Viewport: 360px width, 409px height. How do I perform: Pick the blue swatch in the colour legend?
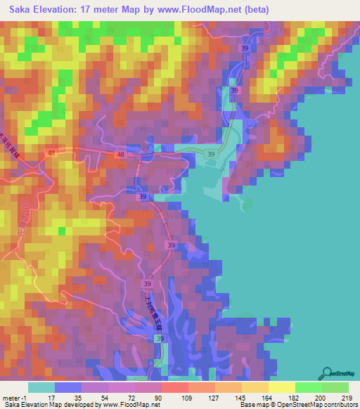tap(67, 387)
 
